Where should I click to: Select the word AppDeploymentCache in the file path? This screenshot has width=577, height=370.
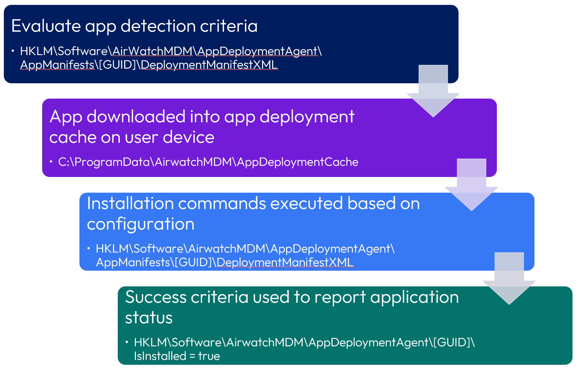(x=297, y=162)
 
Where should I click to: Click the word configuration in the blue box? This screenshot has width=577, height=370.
(x=140, y=224)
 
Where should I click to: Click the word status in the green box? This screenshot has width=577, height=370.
(x=149, y=318)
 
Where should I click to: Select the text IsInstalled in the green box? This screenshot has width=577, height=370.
(x=160, y=356)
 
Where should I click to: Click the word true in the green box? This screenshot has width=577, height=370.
(x=209, y=356)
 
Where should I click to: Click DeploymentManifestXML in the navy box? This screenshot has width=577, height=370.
(x=209, y=65)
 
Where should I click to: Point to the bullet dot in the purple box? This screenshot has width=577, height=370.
(x=51, y=162)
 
